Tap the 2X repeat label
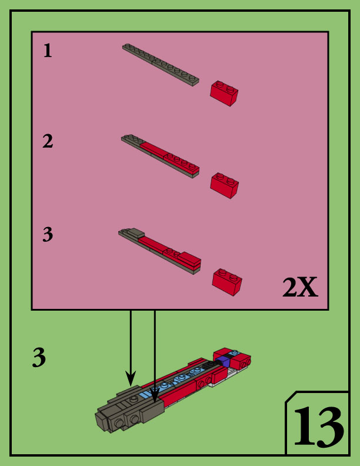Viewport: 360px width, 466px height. [x=300, y=288]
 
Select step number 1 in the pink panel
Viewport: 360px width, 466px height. [x=48, y=51]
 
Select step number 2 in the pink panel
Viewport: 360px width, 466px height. [x=48, y=141]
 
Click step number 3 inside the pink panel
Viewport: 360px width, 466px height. [x=48, y=235]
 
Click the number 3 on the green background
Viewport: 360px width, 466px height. [x=39, y=358]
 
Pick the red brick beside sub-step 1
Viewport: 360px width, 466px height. [x=224, y=93]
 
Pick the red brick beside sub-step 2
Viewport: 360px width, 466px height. [x=224, y=185]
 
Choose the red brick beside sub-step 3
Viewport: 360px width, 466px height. [x=226, y=281]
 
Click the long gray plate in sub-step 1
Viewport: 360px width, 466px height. [x=160, y=65]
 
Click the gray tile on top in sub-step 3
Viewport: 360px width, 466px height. [x=135, y=233]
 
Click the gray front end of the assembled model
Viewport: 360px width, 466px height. [x=121, y=414]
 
